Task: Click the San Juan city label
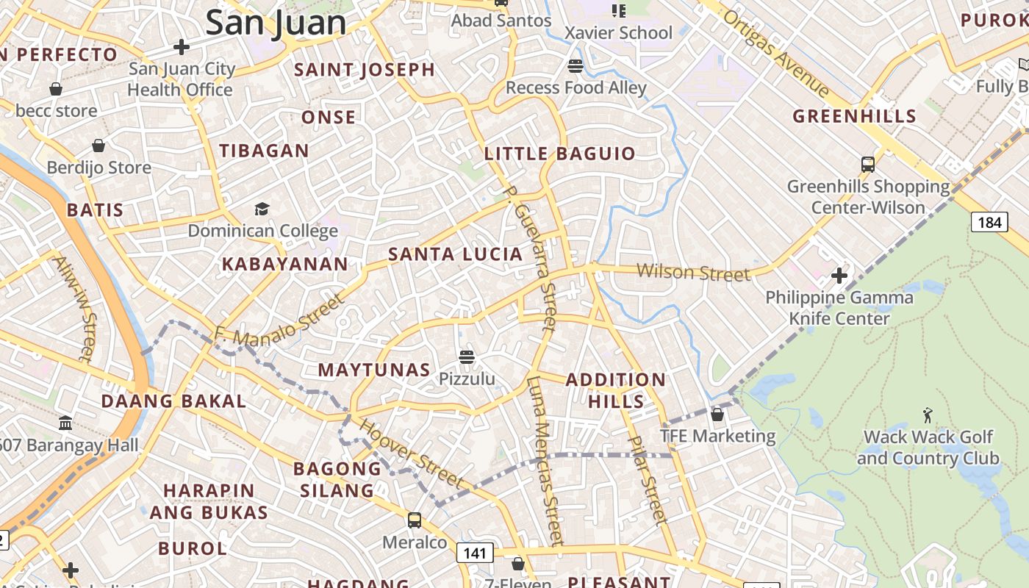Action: point(276,22)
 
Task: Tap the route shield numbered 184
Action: point(989,221)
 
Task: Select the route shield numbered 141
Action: point(475,553)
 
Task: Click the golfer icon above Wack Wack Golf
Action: point(928,415)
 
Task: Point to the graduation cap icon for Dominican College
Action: point(262,209)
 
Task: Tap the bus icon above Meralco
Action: point(415,520)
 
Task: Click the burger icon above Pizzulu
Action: point(466,358)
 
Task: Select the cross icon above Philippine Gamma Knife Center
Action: point(839,276)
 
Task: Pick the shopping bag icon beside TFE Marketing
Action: point(717,415)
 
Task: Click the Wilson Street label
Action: point(693,273)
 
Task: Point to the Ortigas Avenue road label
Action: point(776,53)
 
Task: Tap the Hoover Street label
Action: point(412,453)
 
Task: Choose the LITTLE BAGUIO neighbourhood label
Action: point(559,154)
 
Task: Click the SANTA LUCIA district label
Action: point(455,254)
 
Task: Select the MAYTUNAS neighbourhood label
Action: point(374,370)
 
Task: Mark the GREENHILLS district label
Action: point(854,116)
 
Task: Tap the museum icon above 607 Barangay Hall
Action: point(65,423)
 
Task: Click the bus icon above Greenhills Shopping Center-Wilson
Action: point(867,164)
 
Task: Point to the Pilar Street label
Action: point(648,479)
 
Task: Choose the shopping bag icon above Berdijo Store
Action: point(98,146)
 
